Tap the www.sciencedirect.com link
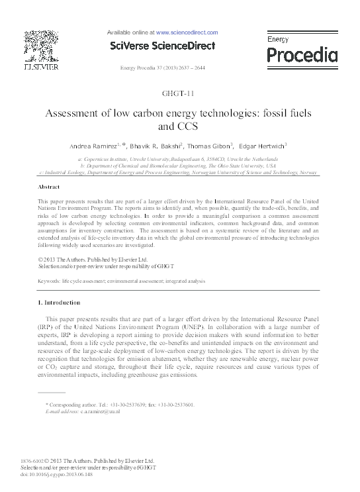(x=187, y=32)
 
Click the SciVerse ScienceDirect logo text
(x=162, y=46)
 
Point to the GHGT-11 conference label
(x=180, y=93)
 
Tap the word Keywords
(x=51, y=281)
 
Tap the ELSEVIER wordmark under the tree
(x=41, y=67)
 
